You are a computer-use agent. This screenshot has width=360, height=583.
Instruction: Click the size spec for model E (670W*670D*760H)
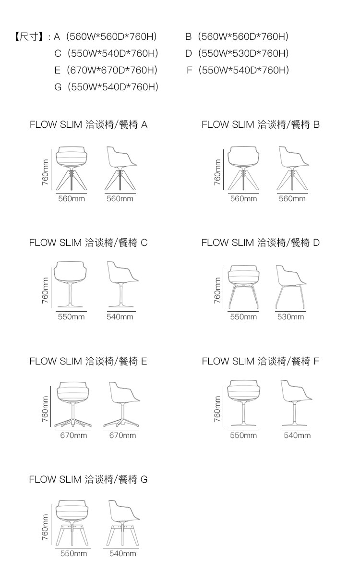106,70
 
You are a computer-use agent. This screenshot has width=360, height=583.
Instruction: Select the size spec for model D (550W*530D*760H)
237,53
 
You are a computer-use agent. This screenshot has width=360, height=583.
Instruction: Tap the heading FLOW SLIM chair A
88,125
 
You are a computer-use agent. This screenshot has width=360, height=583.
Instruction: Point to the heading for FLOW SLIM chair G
88,479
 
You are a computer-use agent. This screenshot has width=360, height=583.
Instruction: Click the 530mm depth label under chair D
290,317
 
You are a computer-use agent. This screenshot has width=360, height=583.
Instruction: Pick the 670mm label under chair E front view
73,435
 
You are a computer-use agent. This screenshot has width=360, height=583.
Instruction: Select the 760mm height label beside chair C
45,291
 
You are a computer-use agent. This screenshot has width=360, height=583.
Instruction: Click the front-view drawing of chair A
72,169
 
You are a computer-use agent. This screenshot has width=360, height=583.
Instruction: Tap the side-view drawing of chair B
293,169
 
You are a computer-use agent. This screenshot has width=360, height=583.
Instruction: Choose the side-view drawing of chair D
291,287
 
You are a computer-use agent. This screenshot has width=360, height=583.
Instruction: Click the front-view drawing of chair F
243,403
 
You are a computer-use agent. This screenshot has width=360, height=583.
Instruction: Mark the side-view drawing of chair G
123,523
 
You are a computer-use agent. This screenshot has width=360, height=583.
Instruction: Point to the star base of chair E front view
73,424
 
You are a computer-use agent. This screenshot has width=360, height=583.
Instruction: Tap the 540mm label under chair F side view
297,435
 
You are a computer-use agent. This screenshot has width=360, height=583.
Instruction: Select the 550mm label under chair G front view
73,554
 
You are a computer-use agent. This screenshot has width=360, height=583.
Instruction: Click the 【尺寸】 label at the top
28,36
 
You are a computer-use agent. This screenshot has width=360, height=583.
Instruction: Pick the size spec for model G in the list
107,87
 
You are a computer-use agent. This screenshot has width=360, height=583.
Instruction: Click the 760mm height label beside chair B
217,172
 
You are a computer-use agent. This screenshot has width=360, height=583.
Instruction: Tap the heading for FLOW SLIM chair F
260,361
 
